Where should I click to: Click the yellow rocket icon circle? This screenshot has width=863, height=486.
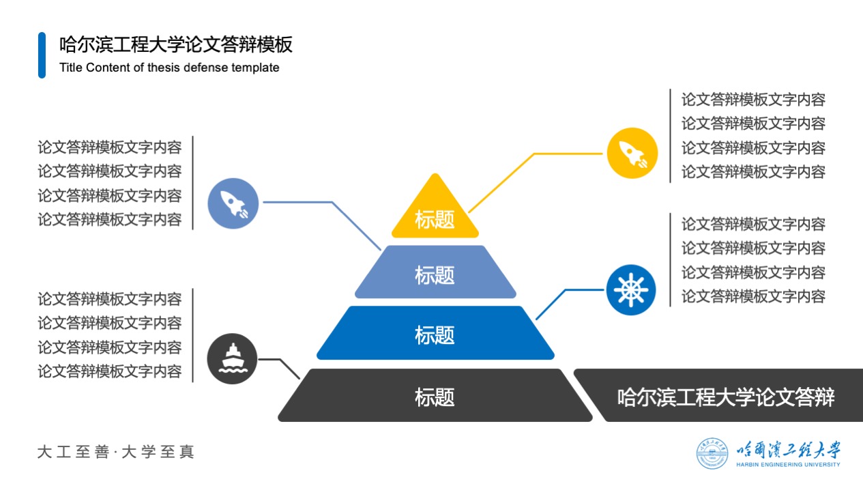632,153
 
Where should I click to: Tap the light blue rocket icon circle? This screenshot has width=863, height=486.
233,203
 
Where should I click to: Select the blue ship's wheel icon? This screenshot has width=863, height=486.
631,290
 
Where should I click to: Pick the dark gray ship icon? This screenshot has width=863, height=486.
233,358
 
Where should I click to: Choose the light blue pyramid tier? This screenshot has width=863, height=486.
435,272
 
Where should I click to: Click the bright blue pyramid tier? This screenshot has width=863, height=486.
435,333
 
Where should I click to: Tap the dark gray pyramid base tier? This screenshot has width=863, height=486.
435,395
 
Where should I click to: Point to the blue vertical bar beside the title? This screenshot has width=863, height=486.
42,55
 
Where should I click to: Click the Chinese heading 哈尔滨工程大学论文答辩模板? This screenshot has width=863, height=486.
176,44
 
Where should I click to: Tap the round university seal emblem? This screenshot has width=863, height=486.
712,453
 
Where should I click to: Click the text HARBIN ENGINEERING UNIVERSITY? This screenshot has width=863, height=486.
788,464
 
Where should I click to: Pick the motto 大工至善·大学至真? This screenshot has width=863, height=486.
115,452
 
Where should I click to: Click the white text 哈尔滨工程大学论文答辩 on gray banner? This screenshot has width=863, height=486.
726,397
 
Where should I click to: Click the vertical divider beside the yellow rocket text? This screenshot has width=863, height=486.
671,136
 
